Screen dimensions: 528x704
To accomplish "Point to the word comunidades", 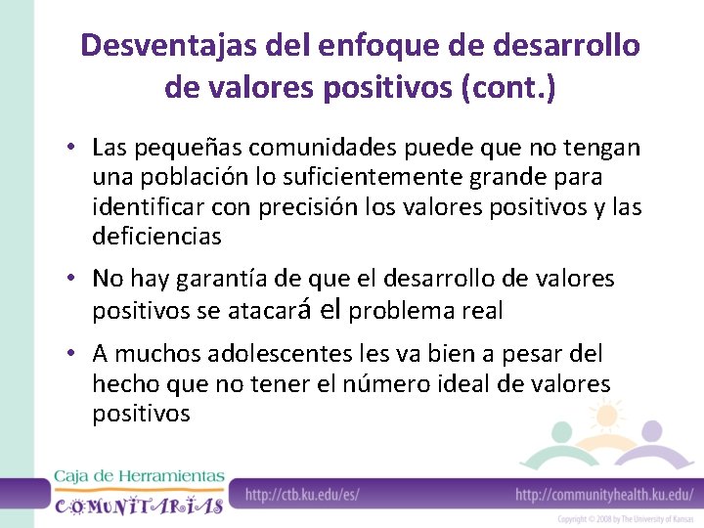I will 314,149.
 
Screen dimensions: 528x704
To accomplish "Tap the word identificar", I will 144,207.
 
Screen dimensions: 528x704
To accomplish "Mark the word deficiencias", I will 156,237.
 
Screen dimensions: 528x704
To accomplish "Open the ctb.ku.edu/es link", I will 302,495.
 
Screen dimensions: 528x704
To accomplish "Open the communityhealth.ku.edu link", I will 604,495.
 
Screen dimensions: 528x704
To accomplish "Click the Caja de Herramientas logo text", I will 139,476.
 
